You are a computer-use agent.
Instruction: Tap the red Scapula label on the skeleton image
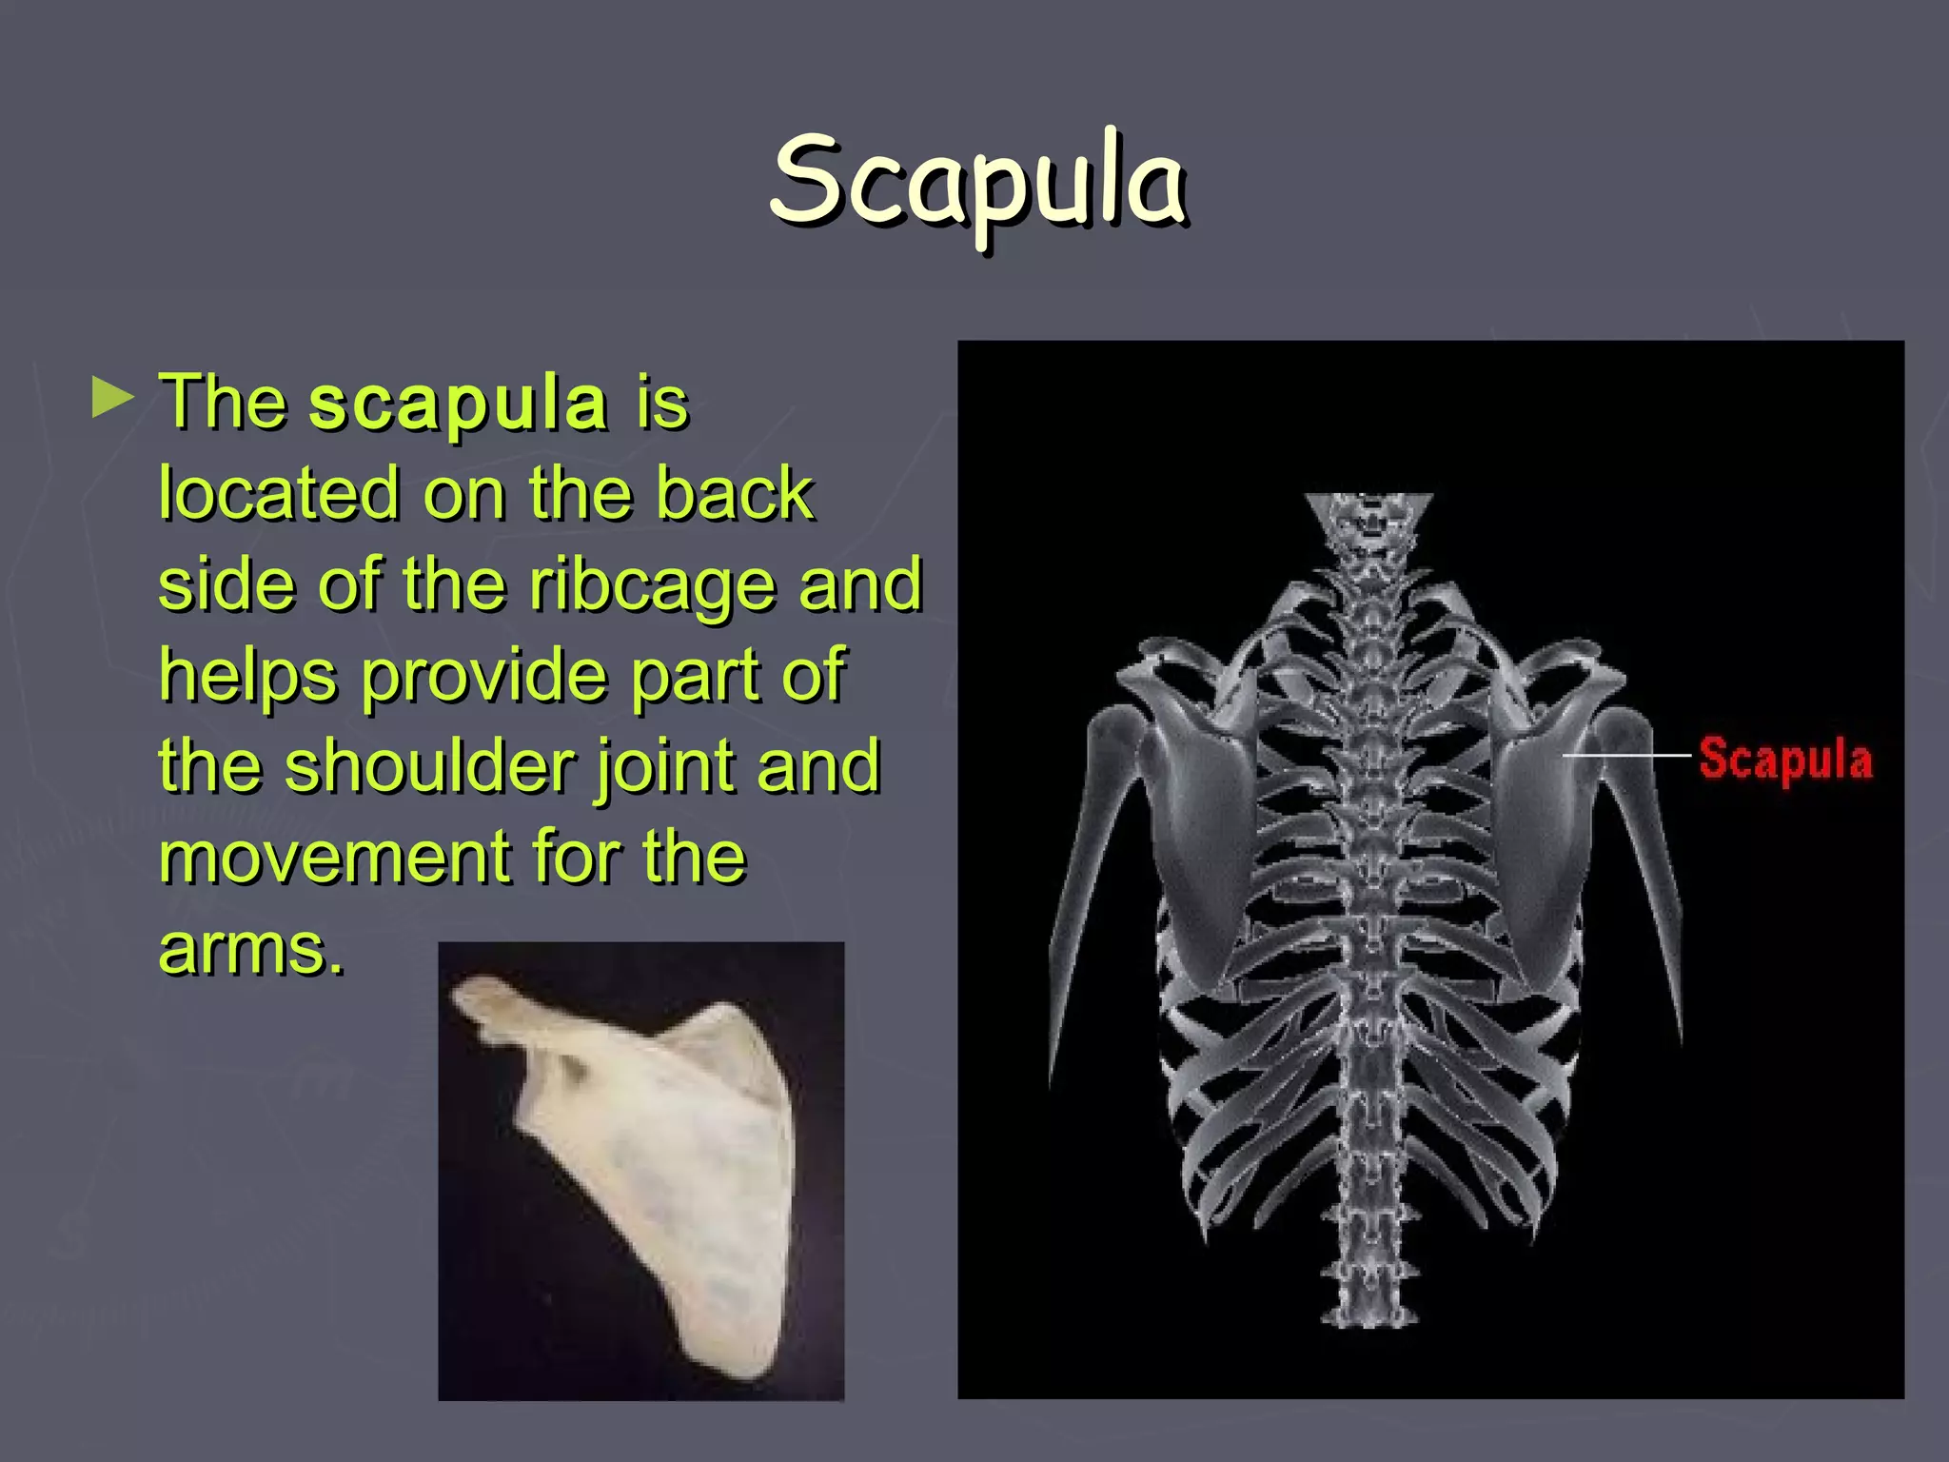pos(1785,759)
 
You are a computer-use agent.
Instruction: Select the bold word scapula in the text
pos(458,404)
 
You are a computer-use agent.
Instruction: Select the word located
pos(279,494)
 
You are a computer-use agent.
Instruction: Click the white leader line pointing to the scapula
pos(1625,756)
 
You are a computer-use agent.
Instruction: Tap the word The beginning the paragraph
pos(223,404)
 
